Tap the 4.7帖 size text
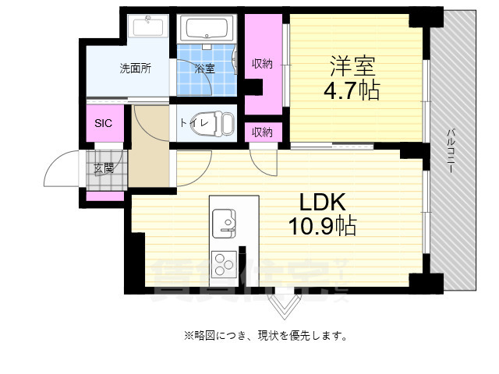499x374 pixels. (352, 90)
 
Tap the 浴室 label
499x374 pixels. (205, 69)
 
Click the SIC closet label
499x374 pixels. (104, 123)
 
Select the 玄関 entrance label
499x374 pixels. (104, 168)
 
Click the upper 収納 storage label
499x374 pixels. (262, 63)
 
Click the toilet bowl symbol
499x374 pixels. (225, 123)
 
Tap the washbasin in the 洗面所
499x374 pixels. (149, 27)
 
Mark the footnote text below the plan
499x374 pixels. (265, 337)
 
